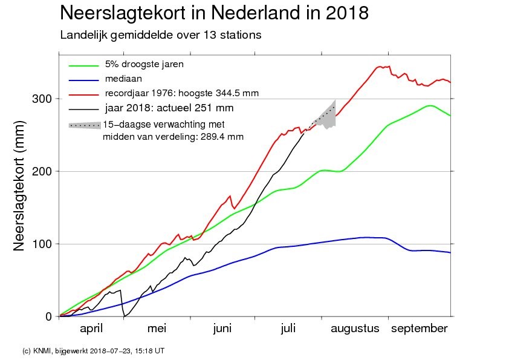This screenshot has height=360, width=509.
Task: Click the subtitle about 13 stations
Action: [x=160, y=35]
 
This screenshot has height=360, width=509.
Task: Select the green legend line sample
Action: [x=83, y=65]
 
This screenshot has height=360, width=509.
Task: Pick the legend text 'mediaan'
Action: [x=123, y=79]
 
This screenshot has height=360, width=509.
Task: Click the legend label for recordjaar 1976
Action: [x=181, y=93]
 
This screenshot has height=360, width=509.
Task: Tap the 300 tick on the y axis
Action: [x=42, y=99]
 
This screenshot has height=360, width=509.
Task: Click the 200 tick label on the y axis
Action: [x=42, y=171]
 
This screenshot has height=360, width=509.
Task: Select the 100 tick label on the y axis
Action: [x=42, y=244]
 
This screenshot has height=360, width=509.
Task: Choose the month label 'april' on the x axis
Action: [x=91, y=329]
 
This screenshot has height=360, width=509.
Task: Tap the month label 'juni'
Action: [x=222, y=329]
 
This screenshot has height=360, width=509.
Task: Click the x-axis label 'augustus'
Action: [x=355, y=329]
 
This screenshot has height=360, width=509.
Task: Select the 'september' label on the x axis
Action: [x=420, y=329]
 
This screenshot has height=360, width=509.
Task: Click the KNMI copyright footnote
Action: [x=93, y=351]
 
